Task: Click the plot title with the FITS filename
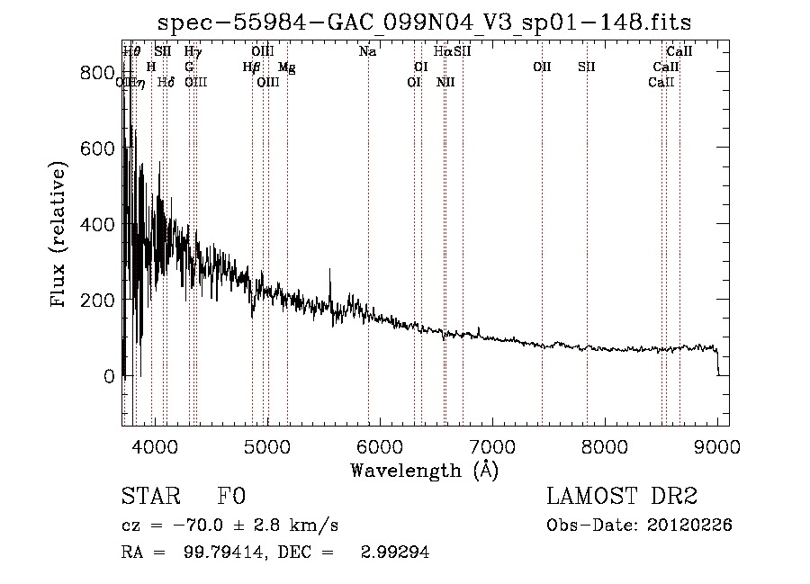pos(424,22)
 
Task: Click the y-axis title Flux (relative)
pos(59,236)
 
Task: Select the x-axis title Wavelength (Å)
pos(424,470)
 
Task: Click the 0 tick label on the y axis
pos(108,376)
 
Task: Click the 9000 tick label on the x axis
pos(717,445)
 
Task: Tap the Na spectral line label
pos(367,52)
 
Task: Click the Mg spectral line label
pos(285,67)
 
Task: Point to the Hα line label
pos(443,52)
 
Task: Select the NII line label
pos(445,82)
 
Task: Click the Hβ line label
pos(252,67)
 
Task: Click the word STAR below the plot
pos(149,497)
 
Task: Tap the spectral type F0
pos(231,497)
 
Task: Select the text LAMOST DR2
pos(622,497)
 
